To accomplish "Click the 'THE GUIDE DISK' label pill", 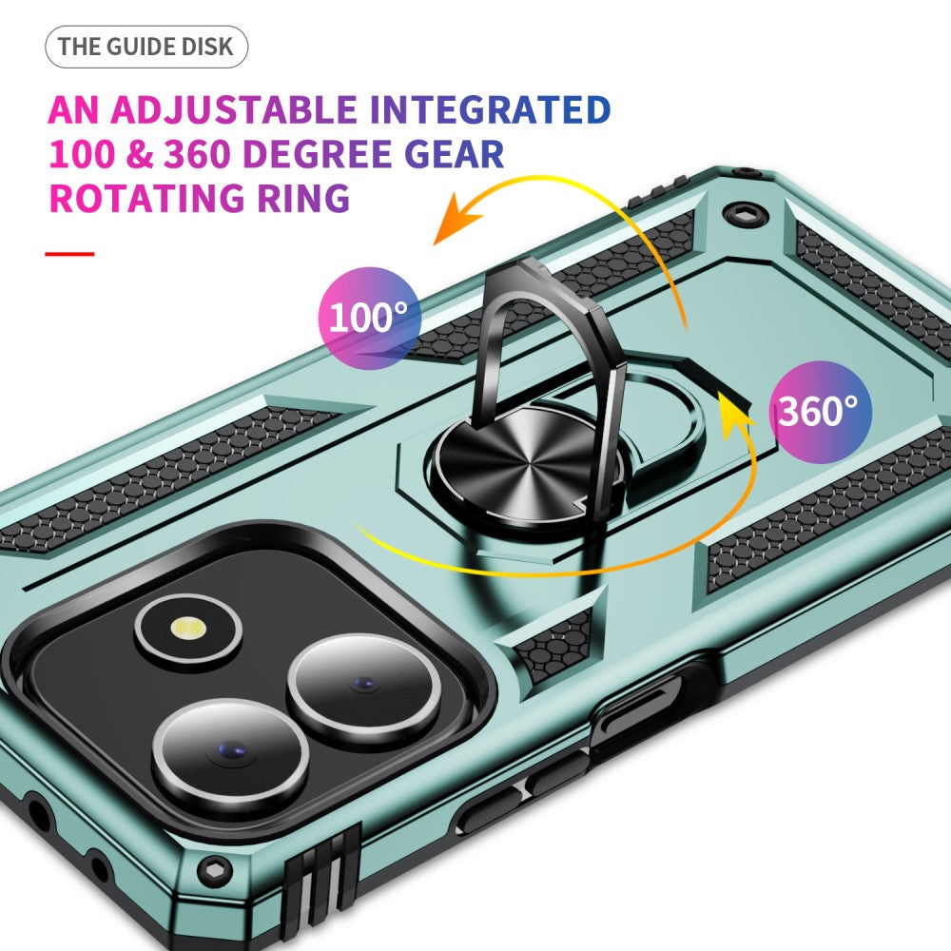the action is tap(146, 47).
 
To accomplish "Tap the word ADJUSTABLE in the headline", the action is tap(234, 109).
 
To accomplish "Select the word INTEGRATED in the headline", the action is tap(490, 109).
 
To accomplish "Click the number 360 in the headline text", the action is tap(195, 154).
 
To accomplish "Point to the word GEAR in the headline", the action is tap(454, 154).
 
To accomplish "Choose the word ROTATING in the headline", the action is tap(146, 199).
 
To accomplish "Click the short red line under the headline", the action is tap(69, 254).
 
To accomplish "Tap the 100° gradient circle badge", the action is tap(369, 318).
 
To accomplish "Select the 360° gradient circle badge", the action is tap(820, 412).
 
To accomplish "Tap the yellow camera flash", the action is tap(188, 628).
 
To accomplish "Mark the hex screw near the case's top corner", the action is tap(744, 213).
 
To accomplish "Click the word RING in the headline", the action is tap(303, 199).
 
